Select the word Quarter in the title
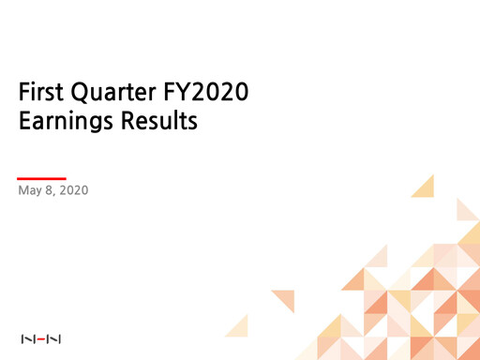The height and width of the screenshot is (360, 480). pyautogui.click(x=110, y=94)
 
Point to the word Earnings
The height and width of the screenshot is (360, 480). pyautogui.click(x=71, y=123)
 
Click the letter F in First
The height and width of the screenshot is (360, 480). pyautogui.click(x=24, y=94)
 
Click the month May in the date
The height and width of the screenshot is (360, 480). pyautogui.click(x=30, y=192)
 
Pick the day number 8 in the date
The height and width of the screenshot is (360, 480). pyautogui.click(x=52, y=192)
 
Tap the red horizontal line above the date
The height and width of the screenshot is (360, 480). pyautogui.click(x=42, y=177)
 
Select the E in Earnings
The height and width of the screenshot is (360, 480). pyautogui.click(x=24, y=122)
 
